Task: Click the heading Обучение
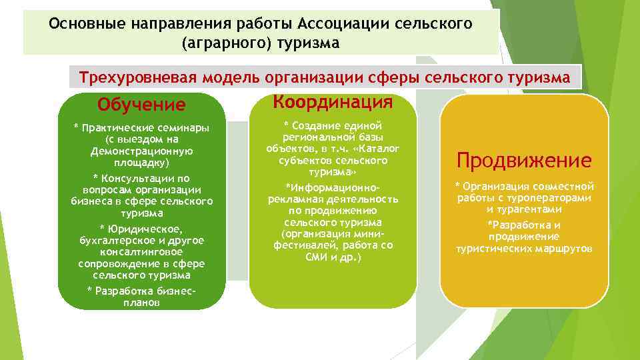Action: (x=141, y=105)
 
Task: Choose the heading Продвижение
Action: (x=524, y=161)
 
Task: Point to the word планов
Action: (x=141, y=302)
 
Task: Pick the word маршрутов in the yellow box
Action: (x=564, y=249)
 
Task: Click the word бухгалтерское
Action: (x=118, y=240)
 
